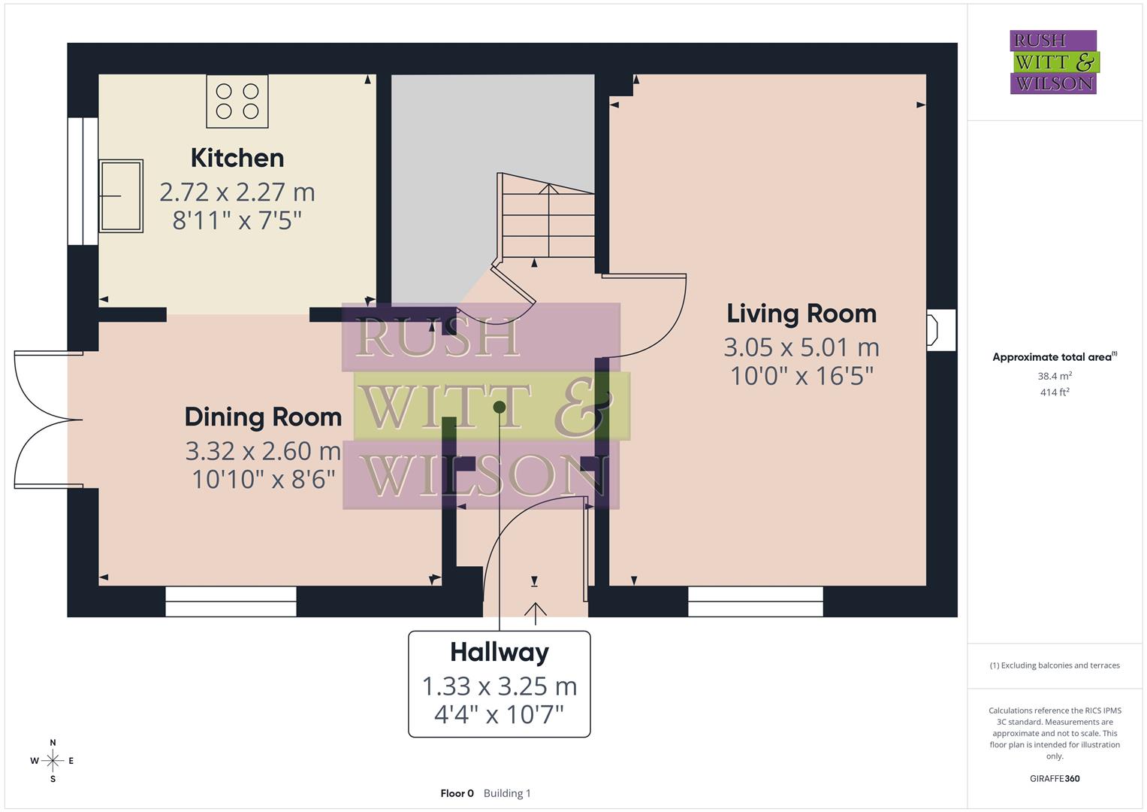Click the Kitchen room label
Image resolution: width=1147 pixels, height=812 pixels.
pyautogui.click(x=237, y=158)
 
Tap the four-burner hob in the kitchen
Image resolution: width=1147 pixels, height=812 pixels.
pyautogui.click(x=237, y=101)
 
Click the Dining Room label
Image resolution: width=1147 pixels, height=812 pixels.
pyautogui.click(x=263, y=417)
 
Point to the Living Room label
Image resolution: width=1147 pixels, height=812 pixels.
pyautogui.click(x=801, y=314)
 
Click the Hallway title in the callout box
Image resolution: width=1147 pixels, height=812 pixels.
pyautogui.click(x=500, y=652)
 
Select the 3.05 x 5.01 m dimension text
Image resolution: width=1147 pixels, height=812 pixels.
pyautogui.click(x=801, y=347)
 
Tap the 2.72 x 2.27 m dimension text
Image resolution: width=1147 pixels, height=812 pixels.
pyautogui.click(x=237, y=192)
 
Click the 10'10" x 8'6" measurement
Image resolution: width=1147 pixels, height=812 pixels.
pyautogui.click(x=263, y=479)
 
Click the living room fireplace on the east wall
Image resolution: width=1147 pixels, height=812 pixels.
pyautogui.click(x=940, y=330)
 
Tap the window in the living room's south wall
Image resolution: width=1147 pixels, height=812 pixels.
pyautogui.click(x=756, y=601)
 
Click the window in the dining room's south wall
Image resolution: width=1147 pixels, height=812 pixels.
pyautogui.click(x=231, y=601)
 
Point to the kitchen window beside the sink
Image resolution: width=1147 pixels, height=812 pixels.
pyautogui.click(x=82, y=181)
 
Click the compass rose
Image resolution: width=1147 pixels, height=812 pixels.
pyautogui.click(x=53, y=761)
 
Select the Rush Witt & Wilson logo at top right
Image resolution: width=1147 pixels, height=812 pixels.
pyautogui.click(x=1053, y=62)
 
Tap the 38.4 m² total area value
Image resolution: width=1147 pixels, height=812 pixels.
pyautogui.click(x=1055, y=376)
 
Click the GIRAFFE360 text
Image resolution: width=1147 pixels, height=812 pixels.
pyautogui.click(x=1055, y=778)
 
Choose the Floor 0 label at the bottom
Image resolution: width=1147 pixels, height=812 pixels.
pyautogui.click(x=457, y=793)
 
